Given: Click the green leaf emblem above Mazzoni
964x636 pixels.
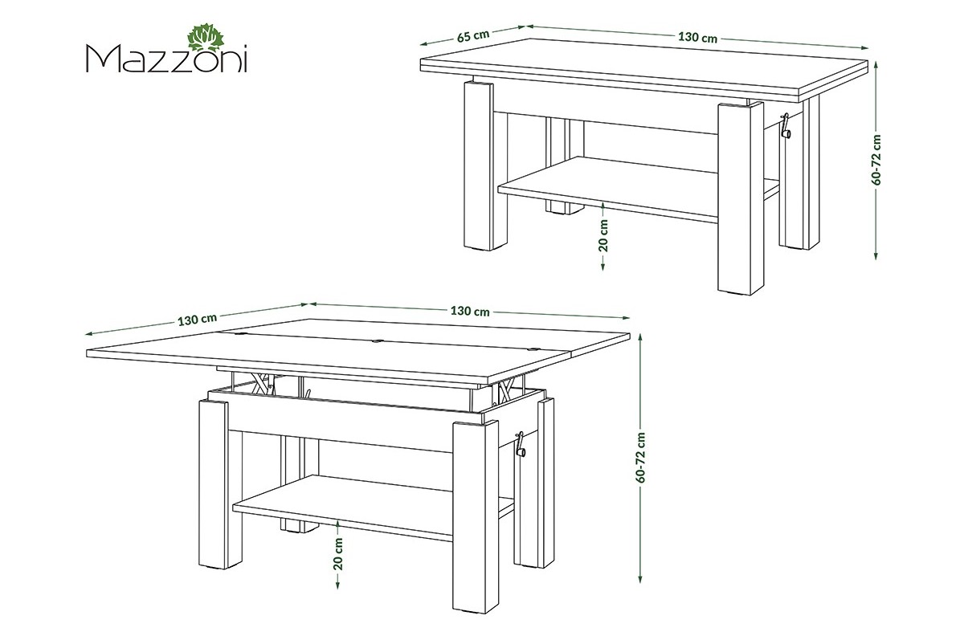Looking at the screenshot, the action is coord(207,41).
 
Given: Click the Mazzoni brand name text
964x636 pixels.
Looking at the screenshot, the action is coord(167,59).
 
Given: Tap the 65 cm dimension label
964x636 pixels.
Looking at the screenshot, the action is coord(473,35).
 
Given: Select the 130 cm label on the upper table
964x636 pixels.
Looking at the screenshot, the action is coord(697,38).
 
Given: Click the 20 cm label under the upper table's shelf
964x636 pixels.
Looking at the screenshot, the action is coord(603,235).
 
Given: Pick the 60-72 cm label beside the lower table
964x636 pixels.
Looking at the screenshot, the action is coord(641,458).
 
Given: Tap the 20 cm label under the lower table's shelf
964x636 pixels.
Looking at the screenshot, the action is coord(338,554).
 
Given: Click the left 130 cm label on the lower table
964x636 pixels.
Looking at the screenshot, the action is coord(198,320).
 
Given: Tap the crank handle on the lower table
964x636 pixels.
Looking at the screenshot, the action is coord(521,445).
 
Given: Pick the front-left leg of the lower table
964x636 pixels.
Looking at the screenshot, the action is coord(213,484).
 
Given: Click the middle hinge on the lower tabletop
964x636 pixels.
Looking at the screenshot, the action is coord(378,342).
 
